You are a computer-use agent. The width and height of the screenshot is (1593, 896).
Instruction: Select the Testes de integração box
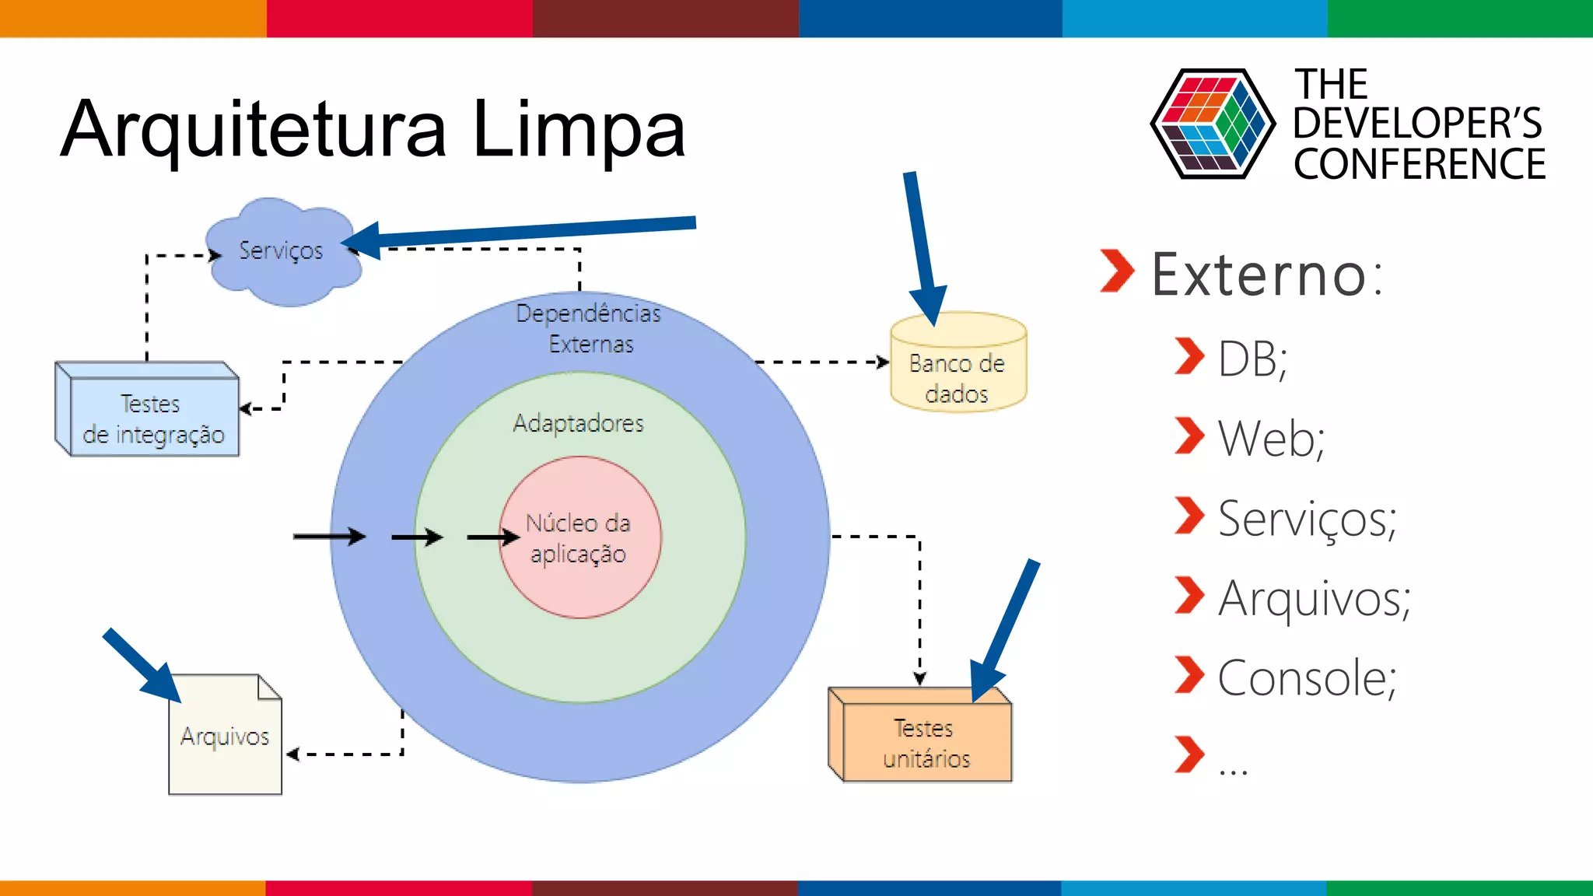152,417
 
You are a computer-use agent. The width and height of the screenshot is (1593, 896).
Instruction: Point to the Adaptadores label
578,423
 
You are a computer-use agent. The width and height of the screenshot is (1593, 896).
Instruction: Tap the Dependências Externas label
589,327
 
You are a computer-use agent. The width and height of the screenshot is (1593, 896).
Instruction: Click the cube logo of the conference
1212,124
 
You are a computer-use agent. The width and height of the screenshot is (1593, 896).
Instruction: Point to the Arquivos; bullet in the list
1314,598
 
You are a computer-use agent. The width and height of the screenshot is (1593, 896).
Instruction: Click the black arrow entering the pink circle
492,537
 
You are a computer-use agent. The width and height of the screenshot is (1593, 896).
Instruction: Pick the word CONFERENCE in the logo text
1419,164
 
